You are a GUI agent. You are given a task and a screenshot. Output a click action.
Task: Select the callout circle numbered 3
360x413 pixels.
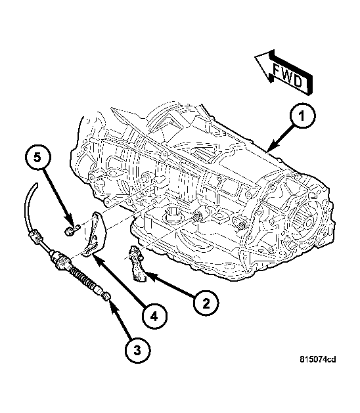pos(137,351)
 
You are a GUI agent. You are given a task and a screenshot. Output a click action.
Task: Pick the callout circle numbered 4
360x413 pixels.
pos(152,316)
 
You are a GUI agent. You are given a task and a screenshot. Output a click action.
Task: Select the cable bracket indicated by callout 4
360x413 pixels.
pos(95,235)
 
